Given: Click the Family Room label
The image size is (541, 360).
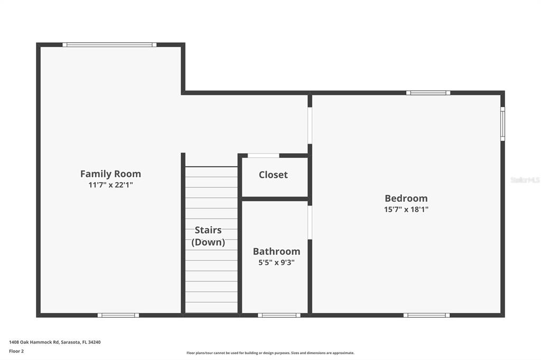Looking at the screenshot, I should click(110, 174).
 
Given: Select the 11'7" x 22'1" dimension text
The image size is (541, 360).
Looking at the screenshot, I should click(110, 185).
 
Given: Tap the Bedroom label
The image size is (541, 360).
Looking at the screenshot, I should click(406, 198).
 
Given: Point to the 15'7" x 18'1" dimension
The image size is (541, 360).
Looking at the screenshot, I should click(406, 210).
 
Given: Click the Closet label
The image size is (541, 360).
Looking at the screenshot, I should click(273, 175).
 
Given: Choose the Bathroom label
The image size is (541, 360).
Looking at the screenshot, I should click(276, 252).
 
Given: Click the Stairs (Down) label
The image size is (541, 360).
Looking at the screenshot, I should click(208, 236).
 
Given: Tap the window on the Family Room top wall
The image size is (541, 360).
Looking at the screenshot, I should click(109, 45).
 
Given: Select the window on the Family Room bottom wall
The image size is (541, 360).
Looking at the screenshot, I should click(118, 315).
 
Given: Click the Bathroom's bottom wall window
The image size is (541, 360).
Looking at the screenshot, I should click(279, 315).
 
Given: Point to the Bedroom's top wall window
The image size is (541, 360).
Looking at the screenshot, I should click(428, 93).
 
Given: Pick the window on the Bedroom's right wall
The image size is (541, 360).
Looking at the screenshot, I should click(502, 124).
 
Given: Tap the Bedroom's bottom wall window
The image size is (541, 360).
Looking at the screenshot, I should click(426, 315).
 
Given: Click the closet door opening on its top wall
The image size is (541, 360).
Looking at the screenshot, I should click(263, 156).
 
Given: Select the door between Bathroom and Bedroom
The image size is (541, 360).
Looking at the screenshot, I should click(310, 222).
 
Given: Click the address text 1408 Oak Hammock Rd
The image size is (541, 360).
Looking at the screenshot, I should click(54, 342).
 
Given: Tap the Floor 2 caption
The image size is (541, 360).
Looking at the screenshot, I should click(16, 351).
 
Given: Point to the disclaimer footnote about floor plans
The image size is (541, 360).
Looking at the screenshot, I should click(270, 353).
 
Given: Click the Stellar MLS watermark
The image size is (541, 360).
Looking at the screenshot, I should click(525, 180).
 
